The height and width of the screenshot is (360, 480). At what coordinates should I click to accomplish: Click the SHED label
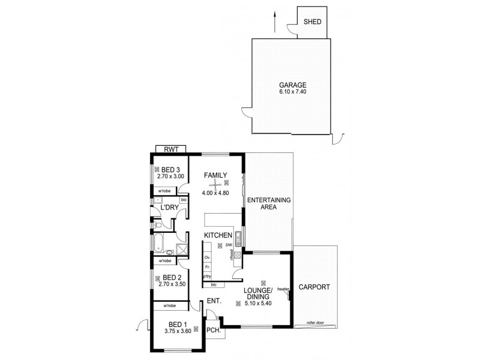313,22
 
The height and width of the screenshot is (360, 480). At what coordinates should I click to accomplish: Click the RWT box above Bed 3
170,149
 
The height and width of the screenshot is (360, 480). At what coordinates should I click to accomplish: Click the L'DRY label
169,207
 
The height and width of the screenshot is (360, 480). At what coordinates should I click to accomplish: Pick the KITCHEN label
218,235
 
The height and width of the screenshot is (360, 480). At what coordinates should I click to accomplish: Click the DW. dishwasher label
228,245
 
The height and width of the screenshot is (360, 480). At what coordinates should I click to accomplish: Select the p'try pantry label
207,276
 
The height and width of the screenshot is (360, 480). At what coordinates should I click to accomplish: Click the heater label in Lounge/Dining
284,289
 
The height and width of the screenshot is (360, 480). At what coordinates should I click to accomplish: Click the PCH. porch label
214,331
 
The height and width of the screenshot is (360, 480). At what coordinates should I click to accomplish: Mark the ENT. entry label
214,302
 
